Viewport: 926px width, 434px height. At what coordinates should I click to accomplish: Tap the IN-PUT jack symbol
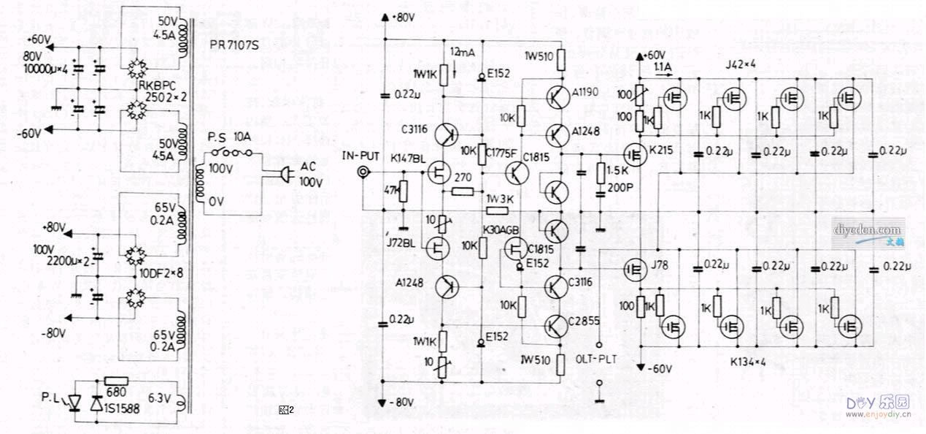pyautogui.click(x=362, y=173)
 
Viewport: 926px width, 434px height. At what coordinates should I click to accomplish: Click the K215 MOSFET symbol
pyautogui.click(x=634, y=155)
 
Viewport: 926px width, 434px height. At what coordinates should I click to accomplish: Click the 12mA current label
pyautogui.click(x=464, y=53)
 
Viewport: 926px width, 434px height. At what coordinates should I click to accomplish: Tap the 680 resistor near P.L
pyautogui.click(x=117, y=381)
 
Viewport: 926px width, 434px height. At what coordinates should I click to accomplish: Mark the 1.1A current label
pyautogui.click(x=663, y=67)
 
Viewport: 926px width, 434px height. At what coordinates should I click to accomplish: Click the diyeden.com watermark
pyautogui.click(x=868, y=230)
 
